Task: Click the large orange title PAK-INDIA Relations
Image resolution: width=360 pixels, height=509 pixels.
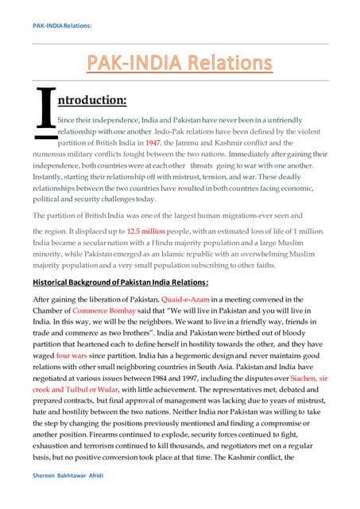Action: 180,62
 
